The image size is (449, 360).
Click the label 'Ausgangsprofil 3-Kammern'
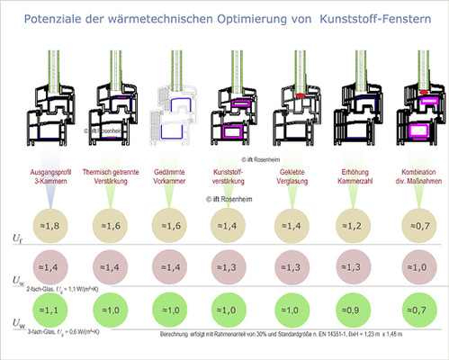click(49, 175)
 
